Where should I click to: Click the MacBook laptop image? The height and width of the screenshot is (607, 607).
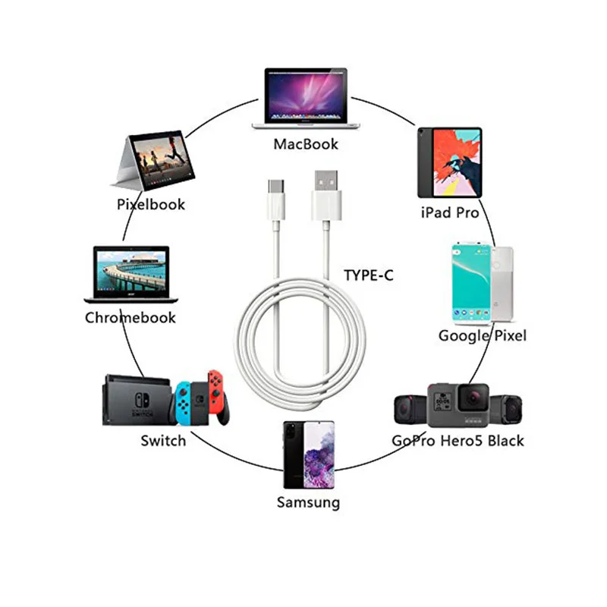tap(307, 99)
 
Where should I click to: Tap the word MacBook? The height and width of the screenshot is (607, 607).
tap(306, 143)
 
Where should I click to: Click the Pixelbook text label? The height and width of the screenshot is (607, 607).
tap(150, 203)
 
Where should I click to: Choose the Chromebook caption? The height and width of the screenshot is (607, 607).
tap(130, 317)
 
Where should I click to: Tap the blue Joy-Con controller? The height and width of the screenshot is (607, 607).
tap(183, 402)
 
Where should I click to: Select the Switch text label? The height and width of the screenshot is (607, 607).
tap(162, 440)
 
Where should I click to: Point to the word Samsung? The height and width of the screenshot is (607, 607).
tap(308, 502)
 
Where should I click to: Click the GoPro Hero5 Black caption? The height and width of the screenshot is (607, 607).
tap(458, 440)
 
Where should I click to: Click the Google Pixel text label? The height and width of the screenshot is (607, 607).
tap(482, 335)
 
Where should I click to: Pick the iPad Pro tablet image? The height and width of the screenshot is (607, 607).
tap(448, 162)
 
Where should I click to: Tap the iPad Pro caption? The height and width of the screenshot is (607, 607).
tap(449, 212)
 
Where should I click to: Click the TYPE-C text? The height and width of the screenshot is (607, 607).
tap(369, 275)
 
